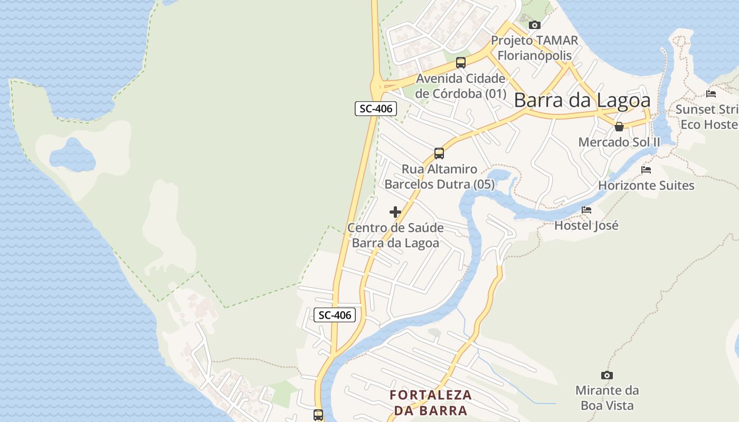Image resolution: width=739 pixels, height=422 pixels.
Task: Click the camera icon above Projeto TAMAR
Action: pyautogui.click(x=535, y=25)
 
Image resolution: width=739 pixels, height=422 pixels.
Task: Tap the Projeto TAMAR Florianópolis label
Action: pyautogui.click(x=534, y=48)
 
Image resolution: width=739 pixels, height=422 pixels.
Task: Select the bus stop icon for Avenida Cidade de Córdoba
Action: pyautogui.click(x=461, y=63)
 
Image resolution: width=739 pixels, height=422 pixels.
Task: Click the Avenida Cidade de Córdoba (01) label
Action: pyautogui.click(x=460, y=86)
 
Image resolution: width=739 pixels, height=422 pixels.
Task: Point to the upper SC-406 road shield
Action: pyautogui.click(x=375, y=109)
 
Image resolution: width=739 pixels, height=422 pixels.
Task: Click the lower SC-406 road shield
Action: pyautogui.click(x=335, y=315)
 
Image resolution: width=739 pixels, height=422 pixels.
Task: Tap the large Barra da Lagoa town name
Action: pyautogui.click(x=582, y=100)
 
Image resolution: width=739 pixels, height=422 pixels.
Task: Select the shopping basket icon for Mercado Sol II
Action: pyautogui.click(x=619, y=127)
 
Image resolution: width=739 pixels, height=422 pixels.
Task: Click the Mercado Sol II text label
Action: pyautogui.click(x=619, y=142)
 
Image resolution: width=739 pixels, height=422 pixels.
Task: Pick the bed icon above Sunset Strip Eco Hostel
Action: pyautogui.click(x=711, y=94)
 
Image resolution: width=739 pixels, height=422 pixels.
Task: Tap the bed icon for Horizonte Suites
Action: pyautogui.click(x=646, y=170)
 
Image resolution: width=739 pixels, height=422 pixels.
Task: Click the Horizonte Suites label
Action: pyautogui.click(x=646, y=185)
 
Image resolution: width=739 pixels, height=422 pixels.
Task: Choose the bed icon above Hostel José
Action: pyautogui.click(x=586, y=210)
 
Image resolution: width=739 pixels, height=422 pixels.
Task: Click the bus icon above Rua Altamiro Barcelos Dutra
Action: pyautogui.click(x=439, y=154)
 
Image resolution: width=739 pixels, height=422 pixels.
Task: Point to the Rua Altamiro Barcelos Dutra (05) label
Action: pyautogui.click(x=439, y=177)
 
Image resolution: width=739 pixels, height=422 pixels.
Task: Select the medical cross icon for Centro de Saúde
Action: pyautogui.click(x=395, y=212)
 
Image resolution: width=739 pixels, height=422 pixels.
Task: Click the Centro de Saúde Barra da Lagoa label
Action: pyautogui.click(x=395, y=235)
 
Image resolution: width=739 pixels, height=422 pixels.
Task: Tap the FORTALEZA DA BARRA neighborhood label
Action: pyautogui.click(x=431, y=402)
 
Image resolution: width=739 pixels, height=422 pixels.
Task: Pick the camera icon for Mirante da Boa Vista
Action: pyautogui.click(x=607, y=375)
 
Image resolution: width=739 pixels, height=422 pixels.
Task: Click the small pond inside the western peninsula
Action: pyautogui.click(x=72, y=155)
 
